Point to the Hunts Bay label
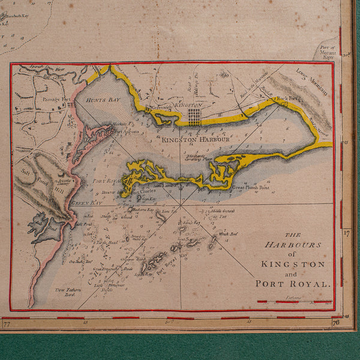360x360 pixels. tap(100, 101)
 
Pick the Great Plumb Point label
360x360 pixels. tap(251, 187)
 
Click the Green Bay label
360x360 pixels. tap(83, 203)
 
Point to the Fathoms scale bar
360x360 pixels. tap(295, 302)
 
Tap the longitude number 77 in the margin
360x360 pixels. tap(7, 324)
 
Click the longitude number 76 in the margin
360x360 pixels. tap(335, 323)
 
